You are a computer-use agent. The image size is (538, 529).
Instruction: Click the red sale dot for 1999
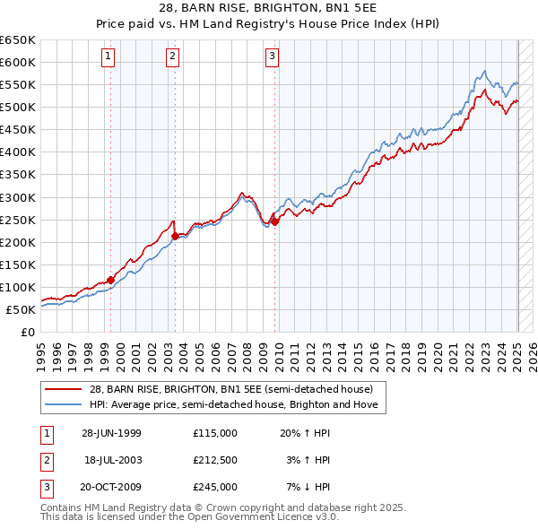(x=111, y=280)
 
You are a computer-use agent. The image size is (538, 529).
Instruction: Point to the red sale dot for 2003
(x=176, y=236)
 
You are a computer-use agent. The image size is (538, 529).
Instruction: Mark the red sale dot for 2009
(x=275, y=221)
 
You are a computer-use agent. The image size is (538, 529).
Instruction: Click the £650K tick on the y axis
(x=18, y=40)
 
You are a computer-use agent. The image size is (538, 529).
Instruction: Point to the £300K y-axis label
(x=18, y=197)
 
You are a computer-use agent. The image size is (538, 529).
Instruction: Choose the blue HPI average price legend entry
(x=234, y=405)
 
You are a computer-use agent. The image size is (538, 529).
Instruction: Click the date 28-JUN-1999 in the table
(x=111, y=432)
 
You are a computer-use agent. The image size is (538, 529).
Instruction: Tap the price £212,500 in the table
(x=215, y=460)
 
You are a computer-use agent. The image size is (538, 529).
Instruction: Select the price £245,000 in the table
(x=215, y=487)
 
